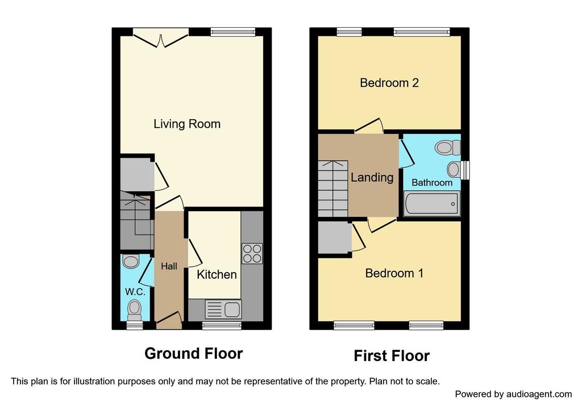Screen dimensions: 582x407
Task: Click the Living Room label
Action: (x=187, y=124)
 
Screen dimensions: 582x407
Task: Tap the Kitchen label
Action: (x=217, y=275)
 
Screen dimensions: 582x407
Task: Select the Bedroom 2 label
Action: (x=389, y=83)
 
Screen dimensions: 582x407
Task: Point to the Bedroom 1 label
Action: (x=394, y=273)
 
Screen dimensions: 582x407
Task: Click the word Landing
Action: (x=372, y=178)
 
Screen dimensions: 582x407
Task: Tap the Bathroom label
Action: (x=432, y=182)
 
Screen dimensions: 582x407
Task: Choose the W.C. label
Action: (x=135, y=292)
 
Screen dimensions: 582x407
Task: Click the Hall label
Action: (x=169, y=266)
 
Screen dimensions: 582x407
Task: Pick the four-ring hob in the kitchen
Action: (x=252, y=253)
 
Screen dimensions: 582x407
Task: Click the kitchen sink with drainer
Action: (x=223, y=309)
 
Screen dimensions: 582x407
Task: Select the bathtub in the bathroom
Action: (x=431, y=203)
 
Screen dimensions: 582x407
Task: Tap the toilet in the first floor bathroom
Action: (x=447, y=147)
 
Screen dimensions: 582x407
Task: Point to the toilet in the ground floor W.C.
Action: (x=134, y=311)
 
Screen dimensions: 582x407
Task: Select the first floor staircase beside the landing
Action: (x=333, y=188)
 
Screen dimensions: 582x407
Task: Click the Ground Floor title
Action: (x=194, y=353)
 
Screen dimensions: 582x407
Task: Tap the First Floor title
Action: (x=392, y=356)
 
